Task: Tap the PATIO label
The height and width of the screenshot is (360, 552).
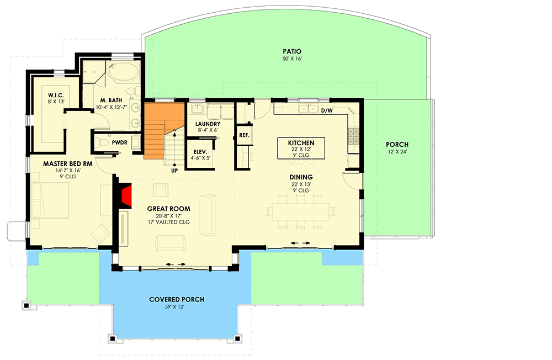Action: (x=292, y=51)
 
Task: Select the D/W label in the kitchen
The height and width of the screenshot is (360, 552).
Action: (x=327, y=110)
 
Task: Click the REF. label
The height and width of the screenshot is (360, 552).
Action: (x=245, y=135)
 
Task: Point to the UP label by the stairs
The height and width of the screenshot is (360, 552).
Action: (x=174, y=171)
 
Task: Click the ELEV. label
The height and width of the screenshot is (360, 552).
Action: (x=200, y=152)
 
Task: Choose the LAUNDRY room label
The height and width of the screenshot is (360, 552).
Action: (x=208, y=124)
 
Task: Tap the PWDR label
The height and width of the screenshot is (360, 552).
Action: (x=120, y=142)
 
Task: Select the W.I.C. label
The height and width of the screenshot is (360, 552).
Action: (x=56, y=96)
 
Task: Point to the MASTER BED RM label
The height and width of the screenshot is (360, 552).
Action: (x=68, y=164)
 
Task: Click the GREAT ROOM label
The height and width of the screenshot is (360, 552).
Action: (x=169, y=209)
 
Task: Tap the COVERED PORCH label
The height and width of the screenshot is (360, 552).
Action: (x=177, y=299)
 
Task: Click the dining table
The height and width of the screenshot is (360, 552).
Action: (x=301, y=211)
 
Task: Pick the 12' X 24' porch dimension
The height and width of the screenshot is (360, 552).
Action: (x=397, y=152)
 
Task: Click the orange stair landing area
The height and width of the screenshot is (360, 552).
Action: (x=164, y=130)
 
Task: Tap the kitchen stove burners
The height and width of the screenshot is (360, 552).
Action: (x=353, y=136)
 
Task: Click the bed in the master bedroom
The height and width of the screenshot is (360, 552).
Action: (x=50, y=200)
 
